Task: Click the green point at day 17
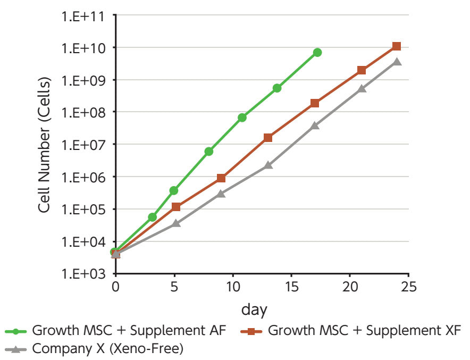point(317,52)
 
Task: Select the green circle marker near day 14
point(277,88)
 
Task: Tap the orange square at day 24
point(397,46)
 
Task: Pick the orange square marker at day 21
point(362,70)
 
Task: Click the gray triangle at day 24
point(397,62)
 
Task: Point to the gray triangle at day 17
point(315,125)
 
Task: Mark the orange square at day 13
point(268,138)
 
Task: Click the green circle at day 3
point(153,217)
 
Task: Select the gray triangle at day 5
point(176,223)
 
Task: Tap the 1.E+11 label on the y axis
point(83,16)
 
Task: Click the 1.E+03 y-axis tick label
point(83,274)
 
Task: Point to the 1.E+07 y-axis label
point(83,145)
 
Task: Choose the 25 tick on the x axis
point(408,287)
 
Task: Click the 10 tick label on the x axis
point(233,287)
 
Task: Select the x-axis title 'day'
point(255,309)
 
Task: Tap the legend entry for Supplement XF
point(365,331)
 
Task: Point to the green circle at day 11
point(242,118)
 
